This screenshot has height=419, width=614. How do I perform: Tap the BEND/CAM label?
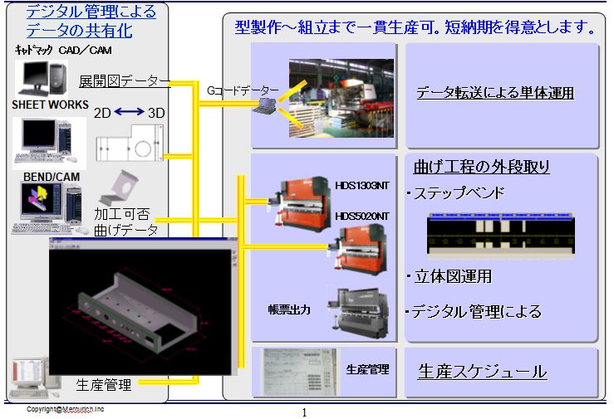38,176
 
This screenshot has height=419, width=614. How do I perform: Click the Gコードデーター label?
243,88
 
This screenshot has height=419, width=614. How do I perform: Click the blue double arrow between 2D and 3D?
130,111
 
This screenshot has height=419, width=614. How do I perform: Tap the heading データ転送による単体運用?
495,93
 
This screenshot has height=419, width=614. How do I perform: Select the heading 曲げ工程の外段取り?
476,167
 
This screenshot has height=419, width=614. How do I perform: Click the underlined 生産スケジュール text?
482,371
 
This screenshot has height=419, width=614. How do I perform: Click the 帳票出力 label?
289,309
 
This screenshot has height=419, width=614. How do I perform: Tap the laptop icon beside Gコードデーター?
269,104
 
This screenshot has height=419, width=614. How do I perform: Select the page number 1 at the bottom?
304,412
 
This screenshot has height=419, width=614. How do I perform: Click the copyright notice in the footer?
65,409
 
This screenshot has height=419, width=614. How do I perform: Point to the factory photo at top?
340,96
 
